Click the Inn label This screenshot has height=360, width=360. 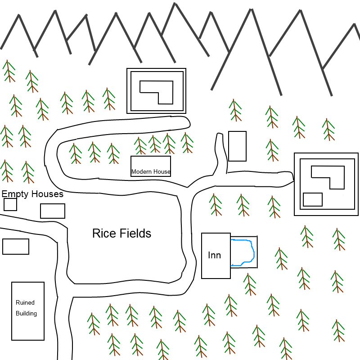215,255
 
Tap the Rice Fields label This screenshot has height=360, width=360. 121,234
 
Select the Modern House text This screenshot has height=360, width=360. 151,171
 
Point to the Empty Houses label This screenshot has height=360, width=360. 32,194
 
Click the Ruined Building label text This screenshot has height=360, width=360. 26,308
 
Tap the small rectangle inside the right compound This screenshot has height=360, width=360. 313,199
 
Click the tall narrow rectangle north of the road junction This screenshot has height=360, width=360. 238,146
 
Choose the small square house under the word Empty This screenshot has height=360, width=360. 10,204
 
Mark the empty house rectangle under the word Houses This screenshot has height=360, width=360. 53,211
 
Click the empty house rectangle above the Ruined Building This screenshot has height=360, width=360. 16,247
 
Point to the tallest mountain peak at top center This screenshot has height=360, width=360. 175,4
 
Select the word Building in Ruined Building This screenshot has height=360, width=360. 26,313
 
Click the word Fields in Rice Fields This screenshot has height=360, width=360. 135,234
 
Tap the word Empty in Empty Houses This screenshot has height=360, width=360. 15,194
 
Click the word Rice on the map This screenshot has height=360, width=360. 104,234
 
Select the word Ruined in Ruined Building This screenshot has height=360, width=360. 25,302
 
